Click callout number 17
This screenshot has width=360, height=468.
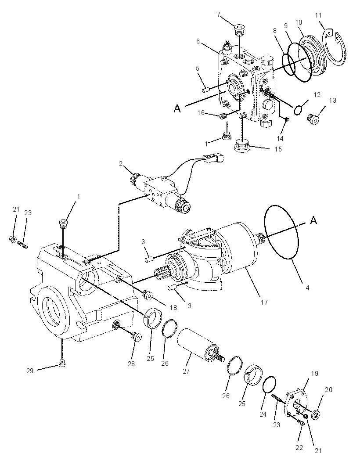coord(264,302)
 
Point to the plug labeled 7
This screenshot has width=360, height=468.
coord(239,30)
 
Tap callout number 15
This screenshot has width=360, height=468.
coord(278,149)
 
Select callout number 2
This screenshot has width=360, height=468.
coord(121,164)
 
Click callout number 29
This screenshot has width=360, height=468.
coord(30,371)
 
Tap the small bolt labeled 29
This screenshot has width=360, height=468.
coord(62,363)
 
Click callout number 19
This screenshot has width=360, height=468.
coord(315,373)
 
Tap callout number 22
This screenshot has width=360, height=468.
coord(299,447)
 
